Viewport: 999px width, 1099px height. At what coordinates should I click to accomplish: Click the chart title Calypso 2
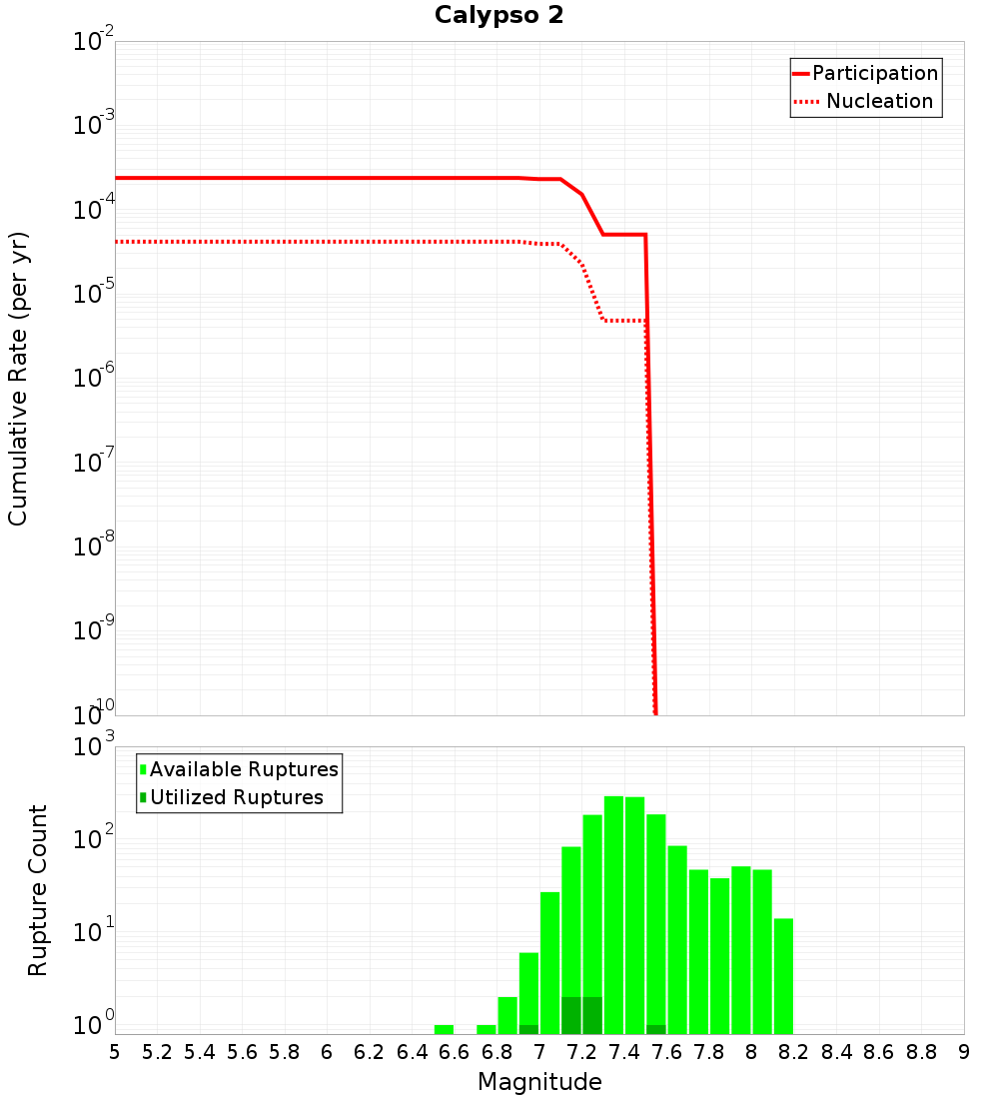[499, 16]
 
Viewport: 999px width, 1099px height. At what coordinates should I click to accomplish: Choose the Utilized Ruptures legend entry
[236, 797]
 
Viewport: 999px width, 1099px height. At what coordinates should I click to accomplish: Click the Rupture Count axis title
[38, 890]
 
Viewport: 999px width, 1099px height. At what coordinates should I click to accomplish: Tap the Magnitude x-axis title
[539, 1082]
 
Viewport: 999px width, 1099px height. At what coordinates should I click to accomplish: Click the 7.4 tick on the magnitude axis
[624, 1052]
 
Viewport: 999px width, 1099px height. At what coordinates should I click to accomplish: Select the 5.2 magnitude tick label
[157, 1052]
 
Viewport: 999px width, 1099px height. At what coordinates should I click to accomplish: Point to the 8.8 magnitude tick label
[921, 1052]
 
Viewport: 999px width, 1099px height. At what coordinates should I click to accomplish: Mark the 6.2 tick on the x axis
[370, 1052]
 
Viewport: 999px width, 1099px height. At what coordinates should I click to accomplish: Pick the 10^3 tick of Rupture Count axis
[96, 747]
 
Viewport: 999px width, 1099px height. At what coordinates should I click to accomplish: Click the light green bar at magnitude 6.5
[445, 1029]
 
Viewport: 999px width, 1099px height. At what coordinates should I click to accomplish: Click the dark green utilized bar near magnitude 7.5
[656, 1029]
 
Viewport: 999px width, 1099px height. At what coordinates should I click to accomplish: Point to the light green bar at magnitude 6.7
[487, 1029]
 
